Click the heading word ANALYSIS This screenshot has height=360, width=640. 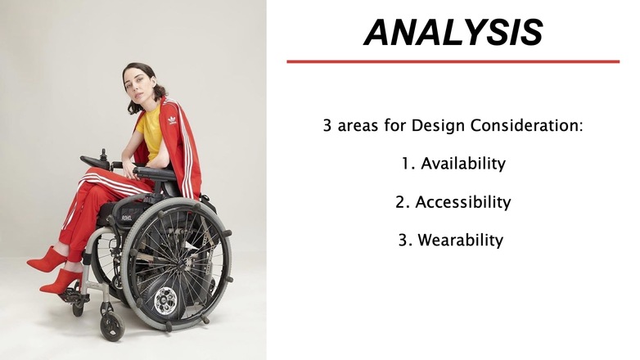453,32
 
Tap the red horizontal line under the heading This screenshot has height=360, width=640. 453,61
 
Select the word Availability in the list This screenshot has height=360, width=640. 463,164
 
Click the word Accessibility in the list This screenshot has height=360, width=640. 463,202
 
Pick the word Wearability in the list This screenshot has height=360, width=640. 461,240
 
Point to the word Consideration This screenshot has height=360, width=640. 526,125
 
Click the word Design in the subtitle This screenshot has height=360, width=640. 438,126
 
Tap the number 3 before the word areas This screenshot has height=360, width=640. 327,125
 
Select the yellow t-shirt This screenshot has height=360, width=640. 151,132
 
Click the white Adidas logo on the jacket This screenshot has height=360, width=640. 172,120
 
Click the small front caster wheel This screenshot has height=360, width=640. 112,326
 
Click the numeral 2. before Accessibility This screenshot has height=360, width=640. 402,202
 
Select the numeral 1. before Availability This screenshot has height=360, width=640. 408,164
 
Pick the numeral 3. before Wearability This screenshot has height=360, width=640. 405,241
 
